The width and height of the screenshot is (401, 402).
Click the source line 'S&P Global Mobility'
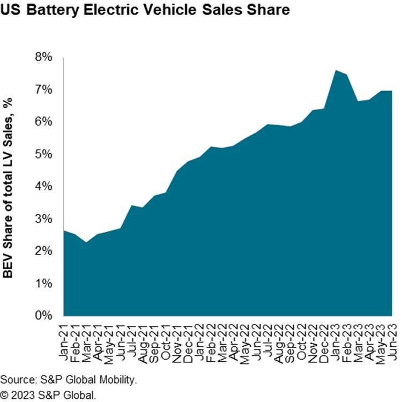69,380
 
